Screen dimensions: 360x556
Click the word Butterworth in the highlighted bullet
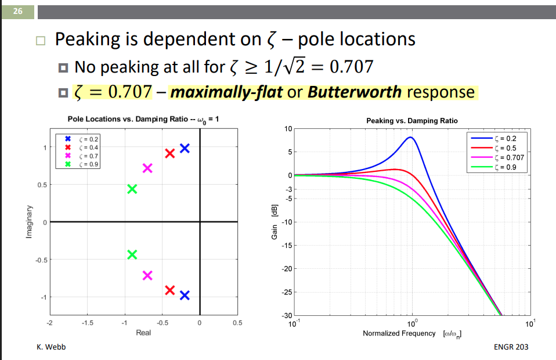(355, 92)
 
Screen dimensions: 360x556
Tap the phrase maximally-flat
(226, 92)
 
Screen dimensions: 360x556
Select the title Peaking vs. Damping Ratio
(411, 121)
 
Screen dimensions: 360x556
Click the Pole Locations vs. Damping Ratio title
(143, 120)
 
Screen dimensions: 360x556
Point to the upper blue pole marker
(185, 148)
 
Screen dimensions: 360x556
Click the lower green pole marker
(132, 254)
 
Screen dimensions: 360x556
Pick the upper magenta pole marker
(147, 168)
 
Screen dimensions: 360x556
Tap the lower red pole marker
(170, 290)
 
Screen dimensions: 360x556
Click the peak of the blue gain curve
(410, 138)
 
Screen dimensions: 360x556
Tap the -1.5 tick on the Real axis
(86, 322)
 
